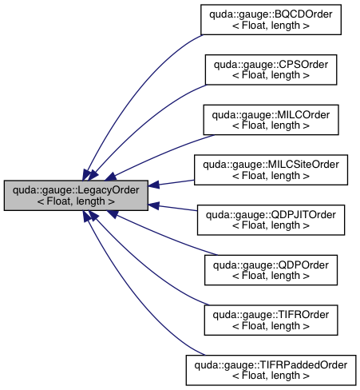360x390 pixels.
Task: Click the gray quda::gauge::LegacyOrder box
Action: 76,195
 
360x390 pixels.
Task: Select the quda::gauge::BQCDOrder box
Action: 271,19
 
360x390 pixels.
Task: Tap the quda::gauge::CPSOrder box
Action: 271,70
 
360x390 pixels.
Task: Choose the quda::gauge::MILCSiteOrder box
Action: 271,169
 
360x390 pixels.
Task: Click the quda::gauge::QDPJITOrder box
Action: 271,220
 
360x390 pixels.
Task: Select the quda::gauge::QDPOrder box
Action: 271,270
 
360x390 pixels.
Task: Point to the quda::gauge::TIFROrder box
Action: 271,320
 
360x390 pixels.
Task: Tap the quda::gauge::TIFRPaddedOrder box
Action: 271,371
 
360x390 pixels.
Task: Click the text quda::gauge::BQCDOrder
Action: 271,14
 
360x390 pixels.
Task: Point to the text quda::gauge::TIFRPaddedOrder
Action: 271,365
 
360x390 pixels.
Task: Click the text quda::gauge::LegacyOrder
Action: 76,189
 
